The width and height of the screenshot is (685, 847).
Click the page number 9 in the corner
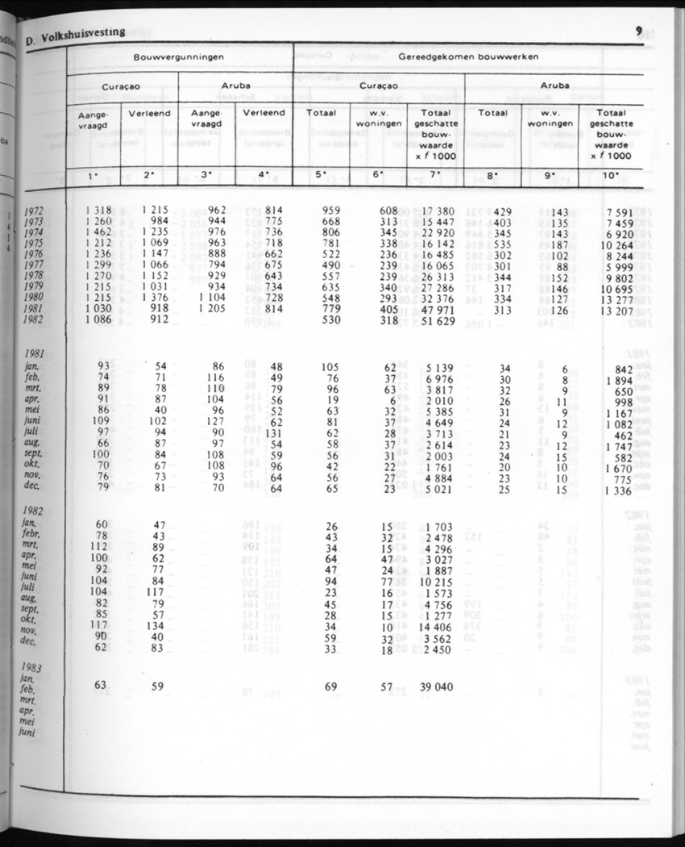[637, 31]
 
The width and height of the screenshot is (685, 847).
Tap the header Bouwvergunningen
[179, 57]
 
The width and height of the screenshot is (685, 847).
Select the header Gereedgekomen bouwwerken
[468, 57]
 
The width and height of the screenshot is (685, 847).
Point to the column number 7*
[434, 174]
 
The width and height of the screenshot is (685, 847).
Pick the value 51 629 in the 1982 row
[434, 321]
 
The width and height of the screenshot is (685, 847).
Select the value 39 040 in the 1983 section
[434, 686]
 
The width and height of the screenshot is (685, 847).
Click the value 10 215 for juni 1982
[434, 582]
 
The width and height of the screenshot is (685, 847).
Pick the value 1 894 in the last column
[621, 381]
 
